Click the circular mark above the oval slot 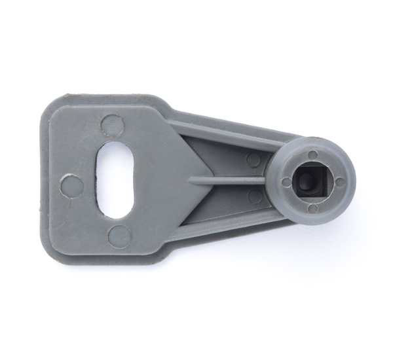[113, 124]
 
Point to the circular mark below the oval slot [119, 234]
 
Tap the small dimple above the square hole [313, 155]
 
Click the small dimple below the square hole [312, 207]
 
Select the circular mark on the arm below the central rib [255, 196]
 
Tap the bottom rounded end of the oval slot [113, 211]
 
